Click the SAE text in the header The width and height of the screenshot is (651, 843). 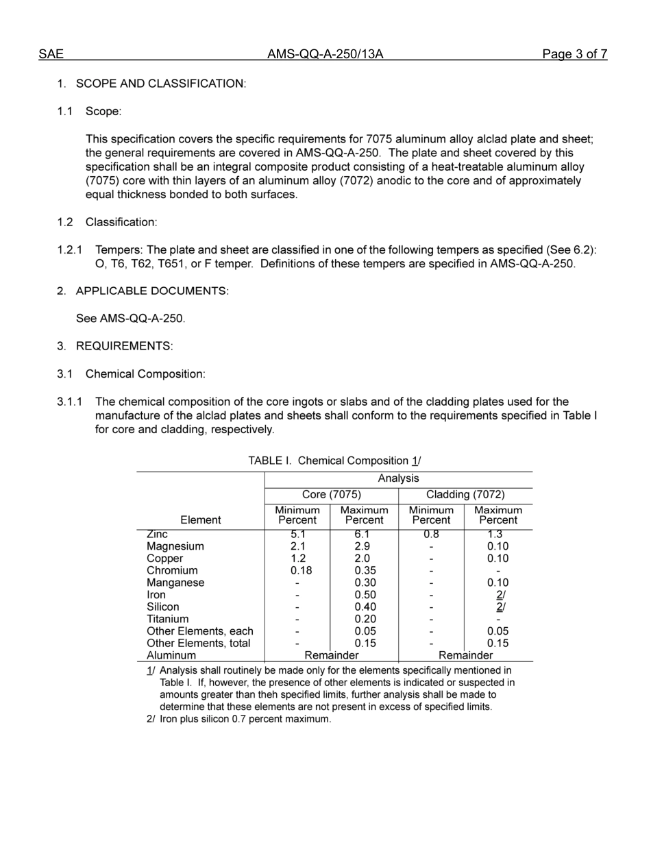coord(51,54)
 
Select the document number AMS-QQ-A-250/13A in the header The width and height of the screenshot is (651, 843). coord(325,54)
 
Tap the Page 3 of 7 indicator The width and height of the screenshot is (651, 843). coord(574,54)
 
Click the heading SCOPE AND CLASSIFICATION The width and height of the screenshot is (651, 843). coord(160,84)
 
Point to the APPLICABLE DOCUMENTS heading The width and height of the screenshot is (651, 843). coord(152,291)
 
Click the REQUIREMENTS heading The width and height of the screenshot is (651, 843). coord(124,346)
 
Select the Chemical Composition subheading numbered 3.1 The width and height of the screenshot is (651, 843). coord(145,374)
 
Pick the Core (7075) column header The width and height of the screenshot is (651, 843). coord(332,495)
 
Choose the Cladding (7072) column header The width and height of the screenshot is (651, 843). coord(465,495)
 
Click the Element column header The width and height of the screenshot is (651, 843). coord(200,520)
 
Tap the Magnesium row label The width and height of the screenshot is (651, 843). coord(175,546)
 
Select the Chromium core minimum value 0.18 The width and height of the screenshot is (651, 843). coord(297,570)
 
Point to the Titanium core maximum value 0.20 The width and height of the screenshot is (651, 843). coord(365,619)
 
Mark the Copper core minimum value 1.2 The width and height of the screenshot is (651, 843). coord(297,559)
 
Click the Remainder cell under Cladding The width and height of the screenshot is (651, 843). coord(465,655)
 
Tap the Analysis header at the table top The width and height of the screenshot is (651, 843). coord(398,478)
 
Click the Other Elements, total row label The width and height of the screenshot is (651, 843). coord(199,643)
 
